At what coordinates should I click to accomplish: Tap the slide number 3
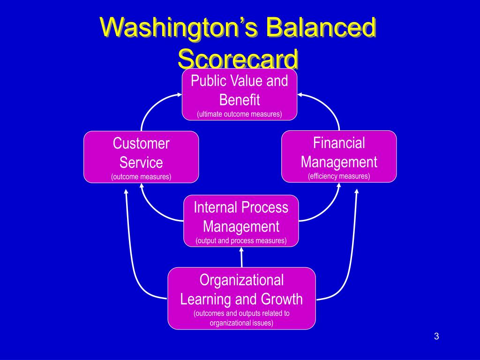[x=436, y=336]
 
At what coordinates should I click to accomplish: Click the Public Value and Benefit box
[x=240, y=94]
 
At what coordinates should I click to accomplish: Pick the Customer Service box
[x=141, y=157]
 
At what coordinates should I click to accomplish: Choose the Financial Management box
[x=339, y=157]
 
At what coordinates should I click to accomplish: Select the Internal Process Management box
[x=241, y=221]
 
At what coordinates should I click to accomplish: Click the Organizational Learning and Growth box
[x=241, y=299]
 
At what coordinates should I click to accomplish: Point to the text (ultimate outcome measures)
[x=240, y=114]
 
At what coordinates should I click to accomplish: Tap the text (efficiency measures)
[x=339, y=176]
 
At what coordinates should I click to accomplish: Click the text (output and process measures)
[x=241, y=240]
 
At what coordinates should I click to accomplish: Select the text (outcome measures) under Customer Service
[x=141, y=177]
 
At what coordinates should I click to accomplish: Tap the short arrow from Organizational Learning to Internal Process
[x=241, y=257]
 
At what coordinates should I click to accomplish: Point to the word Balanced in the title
[x=321, y=27]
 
